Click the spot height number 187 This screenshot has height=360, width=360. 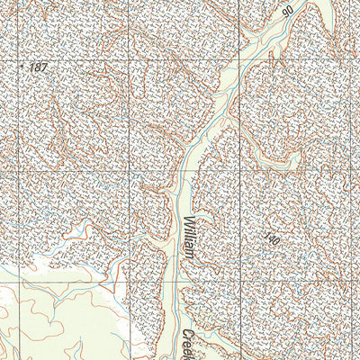pos(37,68)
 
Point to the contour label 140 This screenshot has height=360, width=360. pos(272,240)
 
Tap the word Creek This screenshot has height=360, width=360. pos(190,344)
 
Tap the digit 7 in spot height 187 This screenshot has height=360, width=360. pos(43,68)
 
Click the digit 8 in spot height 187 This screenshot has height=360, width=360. pos(37,68)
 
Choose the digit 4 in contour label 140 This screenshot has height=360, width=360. pos(272,240)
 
